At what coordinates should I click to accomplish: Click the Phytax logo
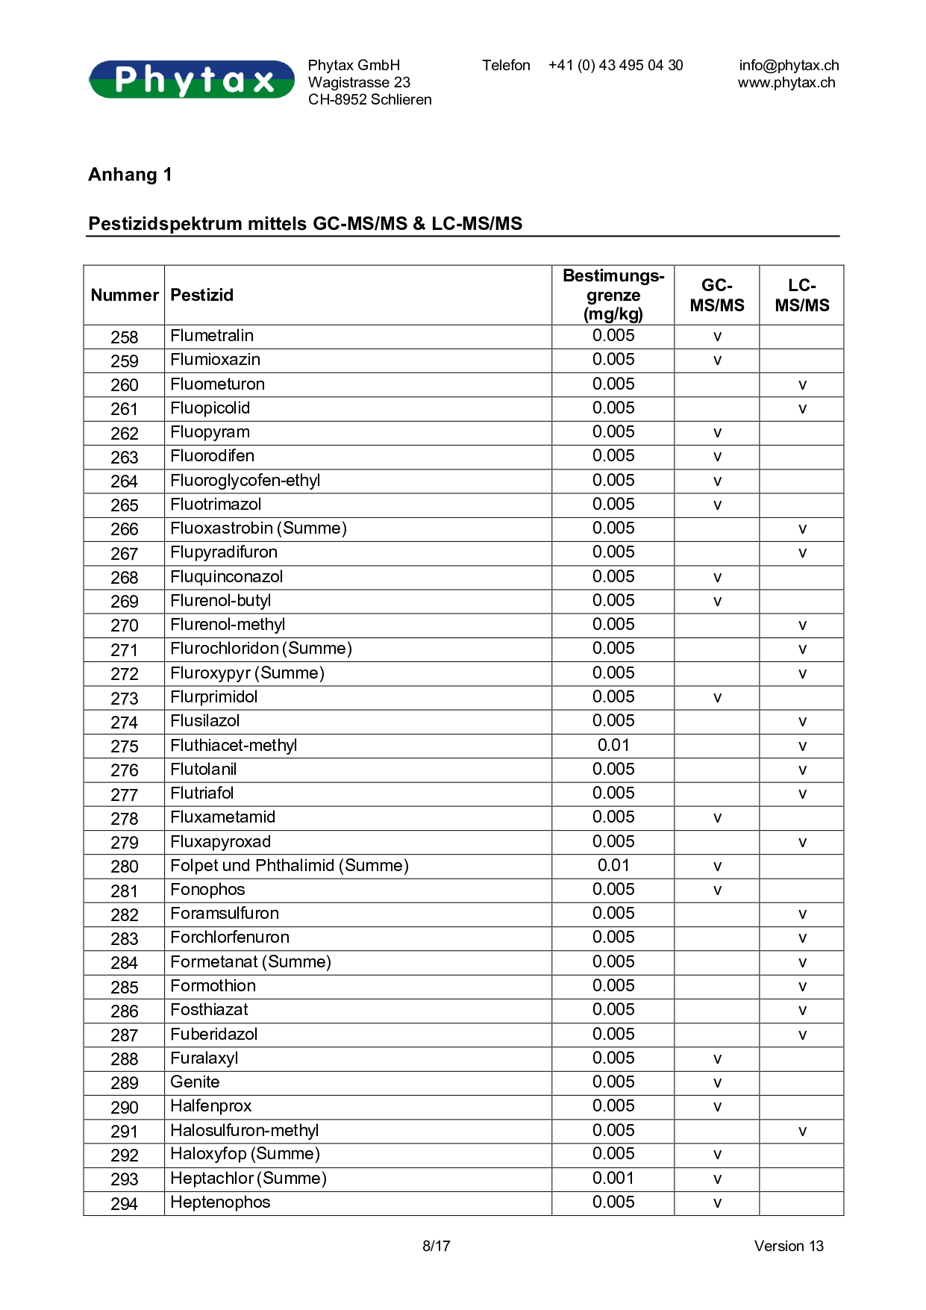click(192, 79)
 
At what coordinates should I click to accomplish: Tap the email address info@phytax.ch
click(789, 66)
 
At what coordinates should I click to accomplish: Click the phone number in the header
click(616, 66)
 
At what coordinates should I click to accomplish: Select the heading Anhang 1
click(130, 175)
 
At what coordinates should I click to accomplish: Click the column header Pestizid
click(202, 296)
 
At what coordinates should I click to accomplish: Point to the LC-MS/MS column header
click(802, 296)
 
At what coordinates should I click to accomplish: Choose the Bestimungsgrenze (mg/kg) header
click(613, 296)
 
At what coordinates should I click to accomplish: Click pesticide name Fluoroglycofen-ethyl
click(245, 481)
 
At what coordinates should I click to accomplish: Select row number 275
click(125, 746)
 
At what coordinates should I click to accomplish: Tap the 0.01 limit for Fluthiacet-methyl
click(613, 746)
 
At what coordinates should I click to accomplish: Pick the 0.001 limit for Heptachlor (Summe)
click(613, 1179)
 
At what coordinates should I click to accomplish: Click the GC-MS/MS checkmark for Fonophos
click(717, 891)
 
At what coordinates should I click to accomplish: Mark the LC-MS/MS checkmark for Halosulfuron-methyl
click(802, 1132)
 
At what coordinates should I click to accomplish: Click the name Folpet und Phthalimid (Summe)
click(290, 866)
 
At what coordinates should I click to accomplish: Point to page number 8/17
click(437, 1246)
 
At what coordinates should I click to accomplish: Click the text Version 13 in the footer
click(789, 1246)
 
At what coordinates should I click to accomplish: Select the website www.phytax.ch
click(786, 83)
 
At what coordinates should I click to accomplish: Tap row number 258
click(125, 337)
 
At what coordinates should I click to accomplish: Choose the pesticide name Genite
click(195, 1082)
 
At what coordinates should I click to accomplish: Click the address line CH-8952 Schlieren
click(369, 100)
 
